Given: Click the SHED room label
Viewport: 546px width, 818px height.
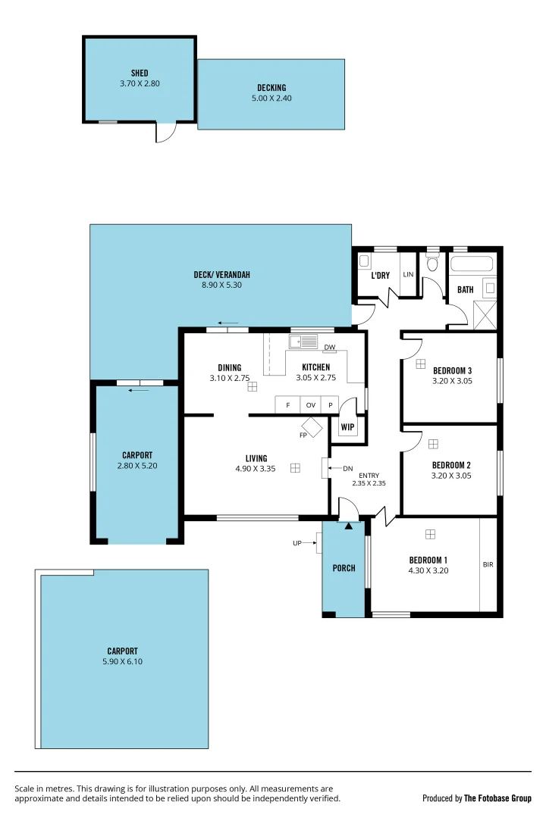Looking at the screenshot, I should (x=140, y=73).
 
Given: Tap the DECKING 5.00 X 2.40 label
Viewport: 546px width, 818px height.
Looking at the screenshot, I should (x=271, y=98).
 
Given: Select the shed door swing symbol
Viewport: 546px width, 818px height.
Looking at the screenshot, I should (x=165, y=133).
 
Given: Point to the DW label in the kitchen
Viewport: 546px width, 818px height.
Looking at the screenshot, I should (x=330, y=348).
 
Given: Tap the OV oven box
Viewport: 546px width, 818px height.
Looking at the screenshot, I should (x=310, y=406).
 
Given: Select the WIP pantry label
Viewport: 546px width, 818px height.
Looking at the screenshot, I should (x=348, y=427).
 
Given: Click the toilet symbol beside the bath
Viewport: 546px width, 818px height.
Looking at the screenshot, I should (x=433, y=264).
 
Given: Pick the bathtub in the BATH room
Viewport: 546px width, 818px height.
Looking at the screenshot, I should (x=471, y=265).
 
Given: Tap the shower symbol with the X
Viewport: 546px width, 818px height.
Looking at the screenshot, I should (x=485, y=314).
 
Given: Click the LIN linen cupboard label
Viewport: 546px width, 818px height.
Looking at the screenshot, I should (x=408, y=275).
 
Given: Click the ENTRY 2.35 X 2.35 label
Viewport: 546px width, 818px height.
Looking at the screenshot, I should (x=369, y=479).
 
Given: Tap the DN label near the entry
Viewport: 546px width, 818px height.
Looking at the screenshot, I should (x=347, y=469).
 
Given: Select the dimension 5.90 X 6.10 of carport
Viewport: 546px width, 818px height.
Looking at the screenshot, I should (x=122, y=661).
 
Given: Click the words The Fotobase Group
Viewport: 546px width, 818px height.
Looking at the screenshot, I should (x=497, y=798).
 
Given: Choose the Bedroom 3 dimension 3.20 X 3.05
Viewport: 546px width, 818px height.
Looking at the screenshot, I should (x=452, y=382).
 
